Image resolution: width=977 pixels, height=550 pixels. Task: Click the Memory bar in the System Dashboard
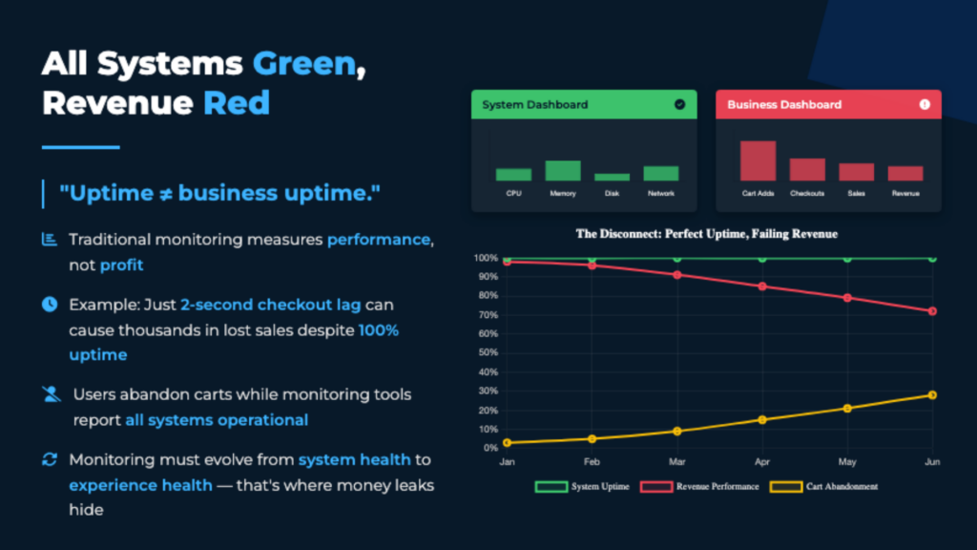[x=562, y=171]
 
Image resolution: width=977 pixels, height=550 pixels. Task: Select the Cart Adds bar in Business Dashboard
[x=758, y=160]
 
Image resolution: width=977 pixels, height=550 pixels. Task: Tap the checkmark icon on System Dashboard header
[x=679, y=104]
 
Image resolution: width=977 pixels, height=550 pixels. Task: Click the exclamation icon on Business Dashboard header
[x=924, y=104]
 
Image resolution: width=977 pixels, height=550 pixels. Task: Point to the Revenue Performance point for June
[x=932, y=311]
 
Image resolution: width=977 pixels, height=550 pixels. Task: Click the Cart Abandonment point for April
[x=761, y=419]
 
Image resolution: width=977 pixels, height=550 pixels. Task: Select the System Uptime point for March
[x=676, y=258]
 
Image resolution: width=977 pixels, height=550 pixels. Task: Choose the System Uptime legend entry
[x=582, y=486]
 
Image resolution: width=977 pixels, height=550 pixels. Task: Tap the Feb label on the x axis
[x=592, y=461]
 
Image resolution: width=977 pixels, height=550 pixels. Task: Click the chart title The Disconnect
[x=706, y=233]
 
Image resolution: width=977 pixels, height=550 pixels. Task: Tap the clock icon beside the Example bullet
[x=50, y=305]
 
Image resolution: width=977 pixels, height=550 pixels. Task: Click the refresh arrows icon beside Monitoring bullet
[x=50, y=460]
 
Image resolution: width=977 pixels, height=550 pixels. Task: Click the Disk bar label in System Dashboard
[x=612, y=194]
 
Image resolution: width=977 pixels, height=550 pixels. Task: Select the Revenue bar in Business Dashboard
[x=905, y=174]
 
